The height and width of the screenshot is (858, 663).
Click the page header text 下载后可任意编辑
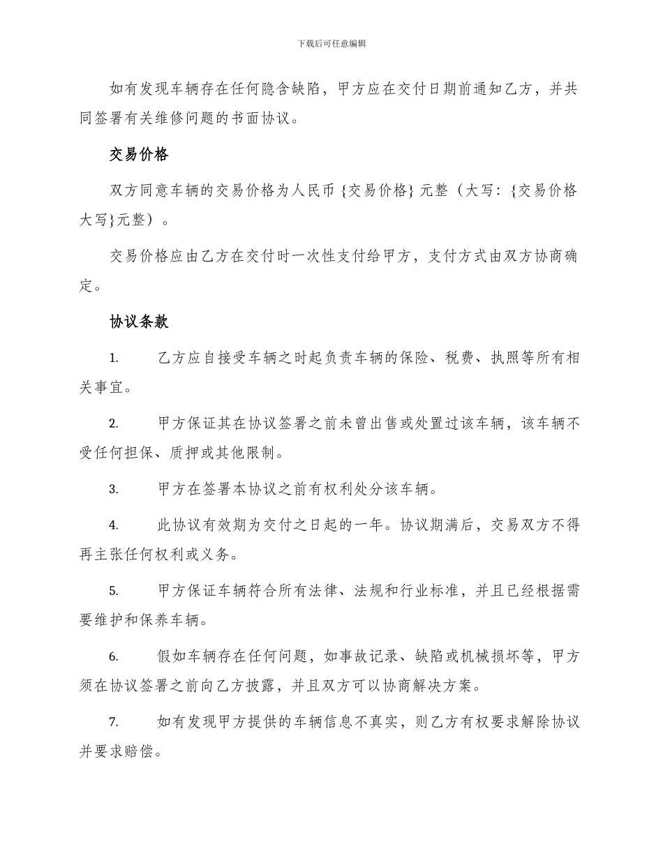[x=331, y=43]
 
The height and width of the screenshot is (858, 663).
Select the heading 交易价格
[x=139, y=155]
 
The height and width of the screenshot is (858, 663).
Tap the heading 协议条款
[x=139, y=322]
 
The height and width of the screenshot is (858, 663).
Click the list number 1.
[x=114, y=359]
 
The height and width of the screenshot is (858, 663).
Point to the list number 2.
[x=114, y=424]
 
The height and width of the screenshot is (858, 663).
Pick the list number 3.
[x=114, y=490]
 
